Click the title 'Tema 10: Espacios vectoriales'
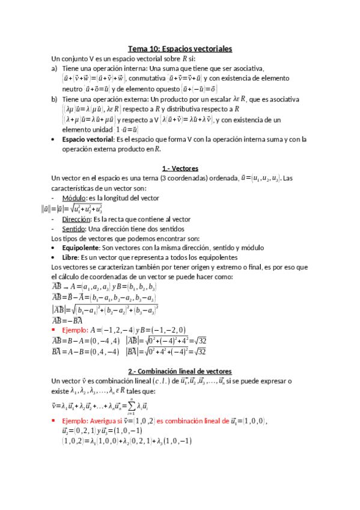pos(180,49)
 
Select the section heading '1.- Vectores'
pos(180,168)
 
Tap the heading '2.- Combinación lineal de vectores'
pos(180,371)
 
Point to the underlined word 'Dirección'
pos(75,220)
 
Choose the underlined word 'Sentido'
pos(74,229)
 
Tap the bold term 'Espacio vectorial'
pos(88,140)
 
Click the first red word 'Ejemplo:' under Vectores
pos(75,330)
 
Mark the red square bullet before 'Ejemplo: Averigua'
pos(55,422)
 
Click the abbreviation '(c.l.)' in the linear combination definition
pos(148,381)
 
